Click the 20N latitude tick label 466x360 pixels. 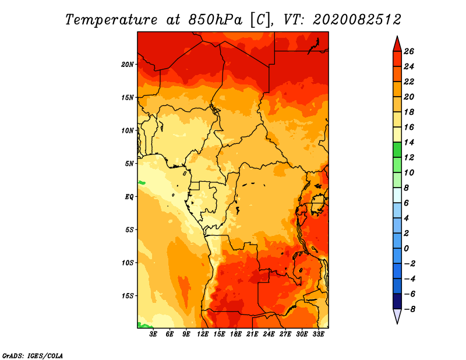pyautogui.click(x=127, y=65)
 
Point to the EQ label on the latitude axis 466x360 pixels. pyautogui.click(x=129, y=197)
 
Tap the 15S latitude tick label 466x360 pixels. pyautogui.click(x=127, y=296)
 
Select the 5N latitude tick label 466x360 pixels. pyautogui.click(x=129, y=164)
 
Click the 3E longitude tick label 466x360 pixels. pyautogui.click(x=153, y=334)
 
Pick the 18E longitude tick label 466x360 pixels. pyautogui.click(x=236, y=334)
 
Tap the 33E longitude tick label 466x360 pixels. pyautogui.click(x=318, y=334)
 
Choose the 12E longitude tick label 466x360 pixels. pyautogui.click(x=203, y=334)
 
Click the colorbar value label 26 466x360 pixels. pyautogui.click(x=409, y=51)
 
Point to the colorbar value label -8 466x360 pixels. pyautogui.click(x=409, y=309)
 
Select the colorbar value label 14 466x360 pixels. pyautogui.click(x=409, y=142)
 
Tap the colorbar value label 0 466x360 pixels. pyautogui.click(x=406, y=249)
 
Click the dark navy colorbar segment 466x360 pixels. pyautogui.click(x=397, y=301)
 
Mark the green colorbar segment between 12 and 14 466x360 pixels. pyautogui.click(x=397, y=150)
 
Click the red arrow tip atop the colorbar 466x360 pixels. pyautogui.click(x=397, y=36)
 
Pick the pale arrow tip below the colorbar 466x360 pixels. pyautogui.click(x=397, y=323)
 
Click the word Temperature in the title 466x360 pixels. pyautogui.click(x=111, y=20)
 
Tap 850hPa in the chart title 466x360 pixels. pyautogui.click(x=216, y=20)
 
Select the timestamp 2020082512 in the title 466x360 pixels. pyautogui.click(x=357, y=20)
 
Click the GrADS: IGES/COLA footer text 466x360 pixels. pyautogui.click(x=33, y=356)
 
